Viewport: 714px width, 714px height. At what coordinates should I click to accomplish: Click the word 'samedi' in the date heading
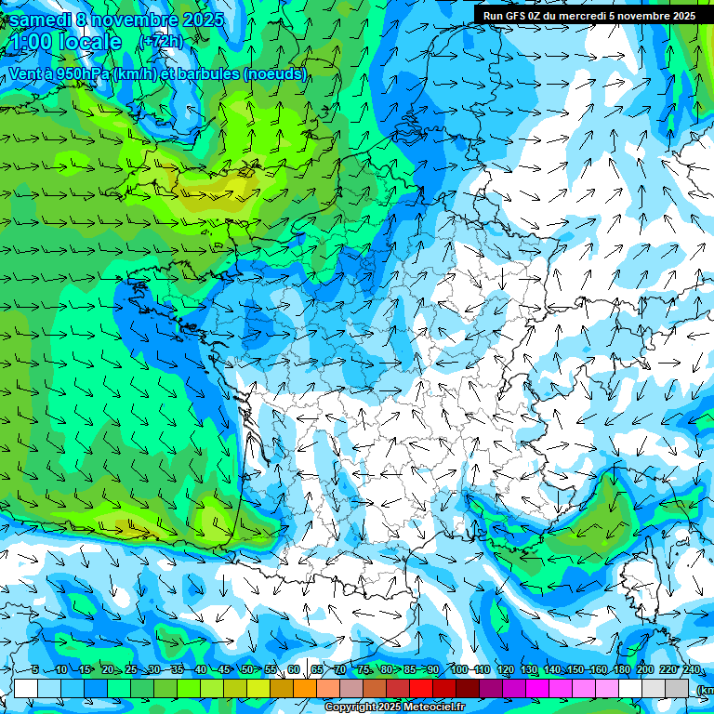pyautogui.click(x=39, y=20)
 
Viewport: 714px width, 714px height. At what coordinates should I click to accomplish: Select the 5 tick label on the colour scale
pyautogui.click(x=34, y=669)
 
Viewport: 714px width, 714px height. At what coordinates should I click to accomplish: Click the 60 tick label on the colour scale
pyautogui.click(x=294, y=669)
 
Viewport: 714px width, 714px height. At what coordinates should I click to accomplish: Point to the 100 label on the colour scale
pyautogui.click(x=458, y=669)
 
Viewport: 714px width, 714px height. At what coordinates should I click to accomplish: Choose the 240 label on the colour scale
pyautogui.click(x=692, y=669)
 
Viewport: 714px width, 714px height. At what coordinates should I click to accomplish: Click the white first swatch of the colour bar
pyautogui.click(x=26, y=688)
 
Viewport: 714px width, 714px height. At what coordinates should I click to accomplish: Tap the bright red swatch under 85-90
pyautogui.click(x=421, y=688)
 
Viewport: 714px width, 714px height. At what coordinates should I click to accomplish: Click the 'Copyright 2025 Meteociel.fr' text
pyautogui.click(x=394, y=707)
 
